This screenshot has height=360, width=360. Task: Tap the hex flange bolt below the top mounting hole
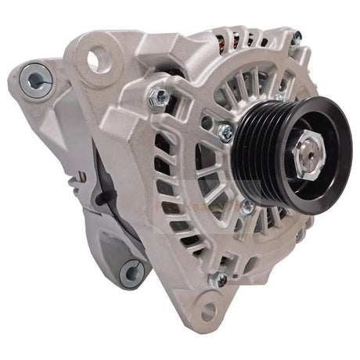click(x=160, y=97)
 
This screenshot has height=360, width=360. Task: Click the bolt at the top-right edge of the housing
click(x=296, y=34)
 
